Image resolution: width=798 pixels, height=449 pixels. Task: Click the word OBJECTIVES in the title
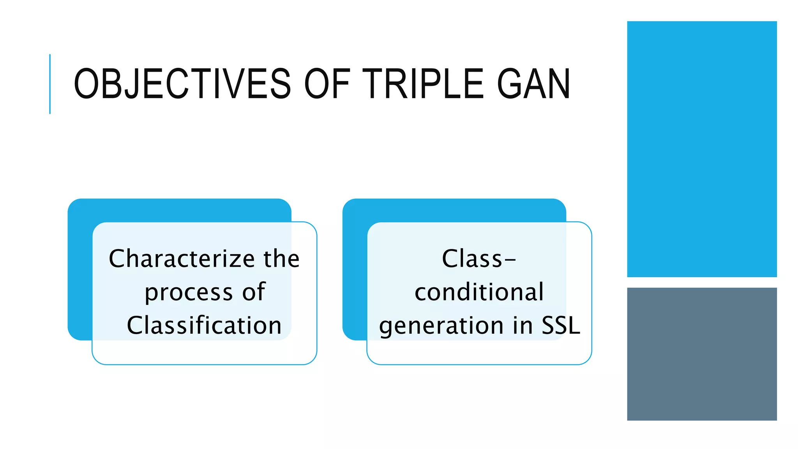point(182,84)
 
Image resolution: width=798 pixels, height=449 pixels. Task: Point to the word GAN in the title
point(533,84)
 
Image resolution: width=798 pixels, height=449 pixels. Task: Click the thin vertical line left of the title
point(50,84)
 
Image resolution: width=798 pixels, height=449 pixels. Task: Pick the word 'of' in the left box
point(254,292)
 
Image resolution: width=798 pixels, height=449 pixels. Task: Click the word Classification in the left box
point(204,325)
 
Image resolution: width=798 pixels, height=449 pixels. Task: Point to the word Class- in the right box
point(479,259)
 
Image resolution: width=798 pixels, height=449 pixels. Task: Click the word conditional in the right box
point(479,292)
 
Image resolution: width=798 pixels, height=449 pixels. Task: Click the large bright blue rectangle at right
point(702,149)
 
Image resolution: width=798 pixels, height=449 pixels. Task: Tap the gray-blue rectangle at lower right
point(702,354)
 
